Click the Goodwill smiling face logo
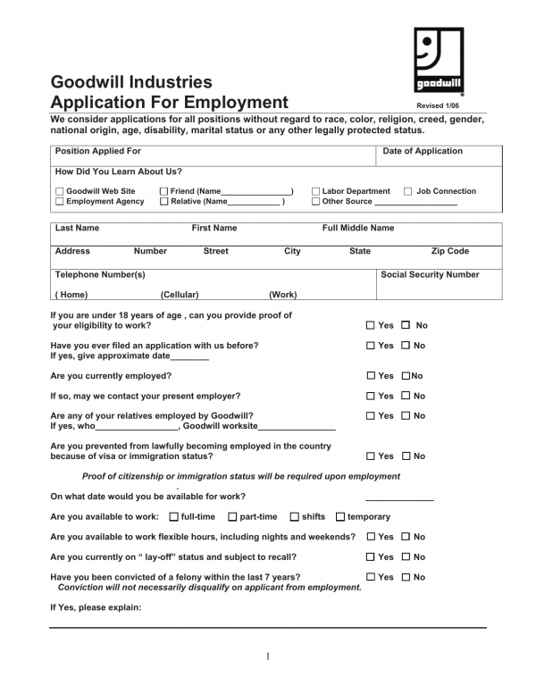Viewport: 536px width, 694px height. click(439, 59)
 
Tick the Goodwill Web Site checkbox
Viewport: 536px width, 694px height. click(60, 192)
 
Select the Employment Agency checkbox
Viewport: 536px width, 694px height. click(60, 203)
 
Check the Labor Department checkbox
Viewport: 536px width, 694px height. click(315, 192)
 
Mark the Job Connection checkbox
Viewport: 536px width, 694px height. click(408, 192)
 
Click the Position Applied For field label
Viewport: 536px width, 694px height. click(98, 152)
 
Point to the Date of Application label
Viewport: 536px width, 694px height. click(423, 152)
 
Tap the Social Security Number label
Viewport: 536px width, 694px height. click(430, 275)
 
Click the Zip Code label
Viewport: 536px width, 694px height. click(449, 252)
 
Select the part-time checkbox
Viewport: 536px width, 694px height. click(232, 517)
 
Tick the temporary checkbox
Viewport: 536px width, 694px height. click(340, 517)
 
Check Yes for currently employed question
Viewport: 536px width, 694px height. click(371, 376)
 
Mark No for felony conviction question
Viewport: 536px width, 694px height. click(406, 578)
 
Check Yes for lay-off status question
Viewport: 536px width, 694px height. click(371, 557)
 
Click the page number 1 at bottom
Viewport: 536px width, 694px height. click(267, 656)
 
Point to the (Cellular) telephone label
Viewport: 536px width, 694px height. click(180, 295)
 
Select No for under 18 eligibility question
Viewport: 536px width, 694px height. click(406, 326)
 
